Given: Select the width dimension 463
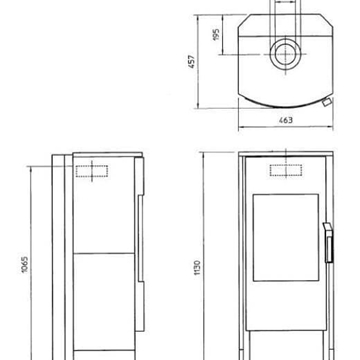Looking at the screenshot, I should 286,118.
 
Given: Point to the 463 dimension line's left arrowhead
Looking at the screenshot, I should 242,126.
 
